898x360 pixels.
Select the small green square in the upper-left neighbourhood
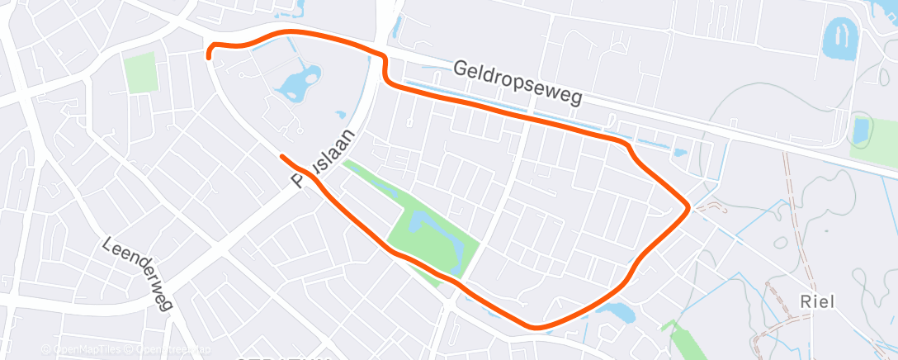[x=140, y=73]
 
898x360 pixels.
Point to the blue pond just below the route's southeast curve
[x=617, y=312]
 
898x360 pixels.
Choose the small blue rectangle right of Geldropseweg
[x=862, y=130]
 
